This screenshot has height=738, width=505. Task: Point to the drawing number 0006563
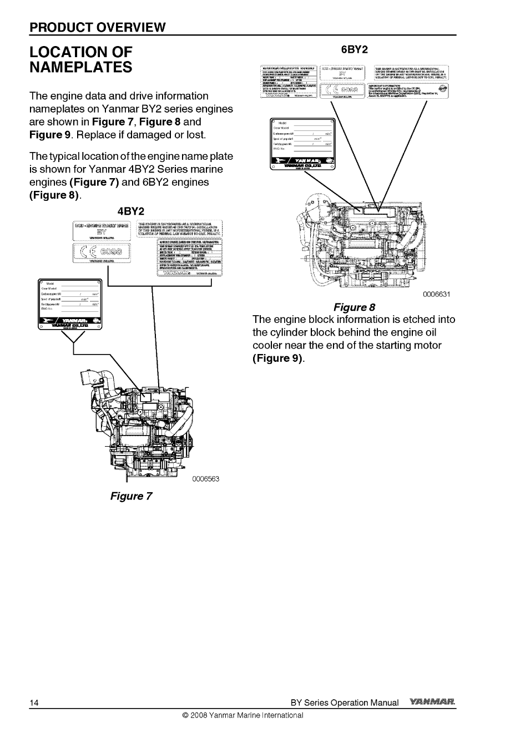206,479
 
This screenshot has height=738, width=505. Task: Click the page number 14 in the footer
34,703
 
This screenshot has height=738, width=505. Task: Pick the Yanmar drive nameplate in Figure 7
69,307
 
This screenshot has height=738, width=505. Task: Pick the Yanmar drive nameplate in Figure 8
302,144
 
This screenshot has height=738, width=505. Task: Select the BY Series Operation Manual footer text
345,703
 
